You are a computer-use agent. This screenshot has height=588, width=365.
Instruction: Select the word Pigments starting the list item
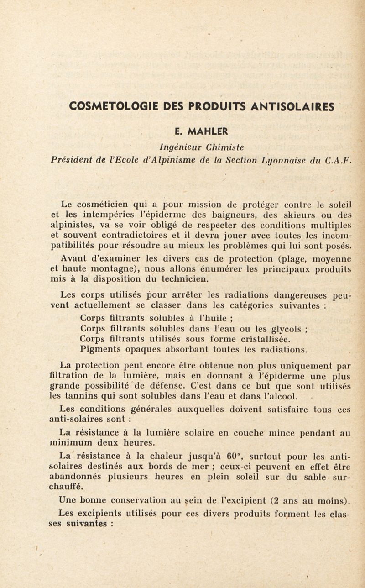(x=99, y=350)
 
